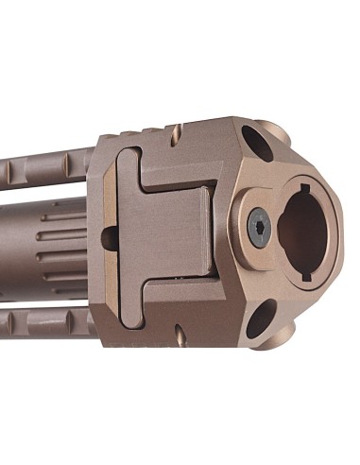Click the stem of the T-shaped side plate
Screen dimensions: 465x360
(189, 228)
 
